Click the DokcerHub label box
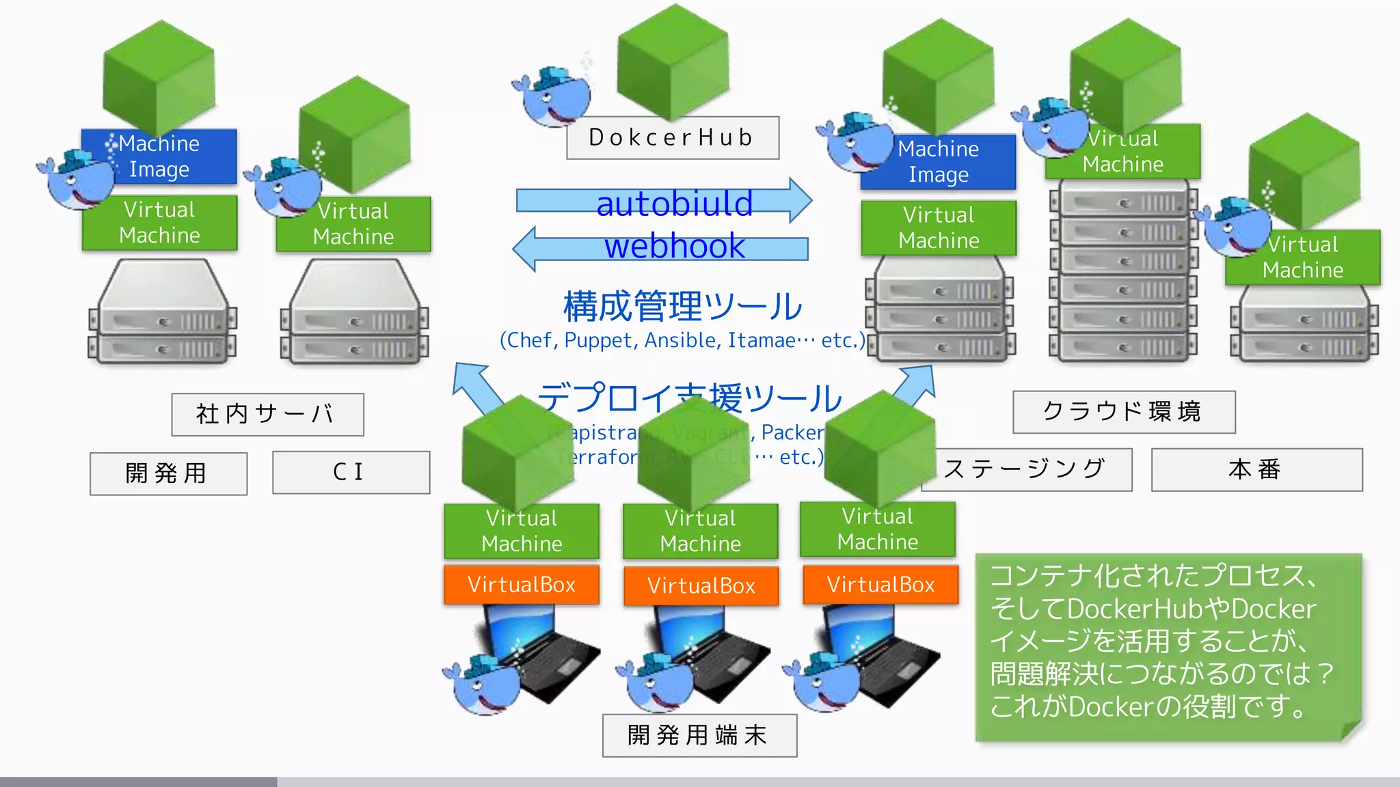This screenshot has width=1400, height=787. (673, 138)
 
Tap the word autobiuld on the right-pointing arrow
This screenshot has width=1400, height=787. (674, 204)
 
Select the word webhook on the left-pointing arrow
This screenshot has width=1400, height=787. (674, 247)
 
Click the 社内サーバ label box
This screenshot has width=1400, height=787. (267, 414)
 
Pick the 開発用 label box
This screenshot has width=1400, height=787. (168, 473)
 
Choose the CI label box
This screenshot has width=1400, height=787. (351, 472)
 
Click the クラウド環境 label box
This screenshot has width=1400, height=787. (1123, 412)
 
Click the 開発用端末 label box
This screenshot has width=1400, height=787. (699, 735)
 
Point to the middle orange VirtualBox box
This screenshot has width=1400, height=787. (701, 585)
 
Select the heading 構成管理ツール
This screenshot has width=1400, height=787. (682, 307)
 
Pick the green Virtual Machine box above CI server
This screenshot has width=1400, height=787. (353, 224)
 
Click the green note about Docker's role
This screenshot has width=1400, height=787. (1168, 646)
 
